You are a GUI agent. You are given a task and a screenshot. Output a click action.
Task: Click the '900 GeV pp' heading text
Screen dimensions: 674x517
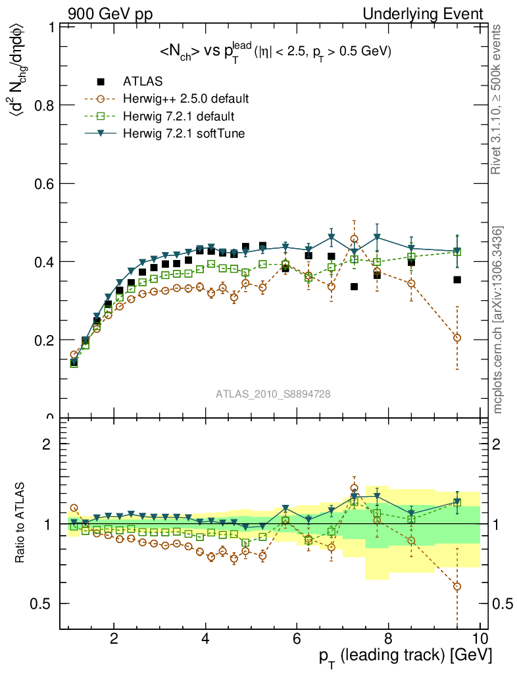click(110, 14)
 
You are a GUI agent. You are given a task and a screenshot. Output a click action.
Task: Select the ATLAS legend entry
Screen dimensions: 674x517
click(143, 82)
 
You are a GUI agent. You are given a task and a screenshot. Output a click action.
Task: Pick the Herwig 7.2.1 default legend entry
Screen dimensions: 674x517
click(179, 117)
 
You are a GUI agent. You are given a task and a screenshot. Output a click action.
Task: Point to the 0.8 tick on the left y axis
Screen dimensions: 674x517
click(43, 105)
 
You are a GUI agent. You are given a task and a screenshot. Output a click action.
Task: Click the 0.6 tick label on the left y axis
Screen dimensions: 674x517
click(43, 184)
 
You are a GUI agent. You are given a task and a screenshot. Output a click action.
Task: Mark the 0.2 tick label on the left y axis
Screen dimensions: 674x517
click(43, 340)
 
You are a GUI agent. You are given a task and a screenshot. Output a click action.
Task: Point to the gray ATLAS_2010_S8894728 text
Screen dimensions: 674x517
click(273, 394)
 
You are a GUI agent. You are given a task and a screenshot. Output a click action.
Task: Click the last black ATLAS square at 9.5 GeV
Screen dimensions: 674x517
click(457, 280)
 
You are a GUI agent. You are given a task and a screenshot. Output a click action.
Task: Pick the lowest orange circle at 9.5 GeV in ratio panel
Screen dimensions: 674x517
click(457, 586)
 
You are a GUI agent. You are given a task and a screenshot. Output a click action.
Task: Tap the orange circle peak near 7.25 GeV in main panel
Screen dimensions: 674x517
click(355, 239)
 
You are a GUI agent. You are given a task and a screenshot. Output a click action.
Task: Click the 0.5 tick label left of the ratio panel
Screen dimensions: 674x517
click(43, 604)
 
